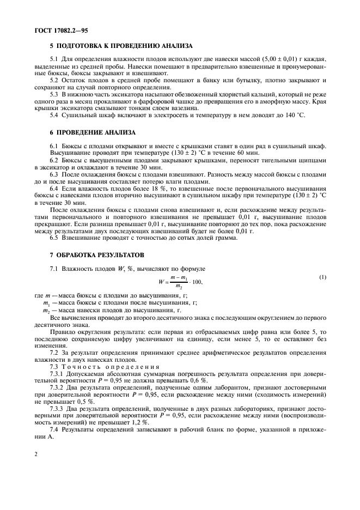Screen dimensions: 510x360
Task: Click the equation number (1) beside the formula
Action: pos(323,277)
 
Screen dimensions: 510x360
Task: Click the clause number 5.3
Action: pos(55,94)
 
